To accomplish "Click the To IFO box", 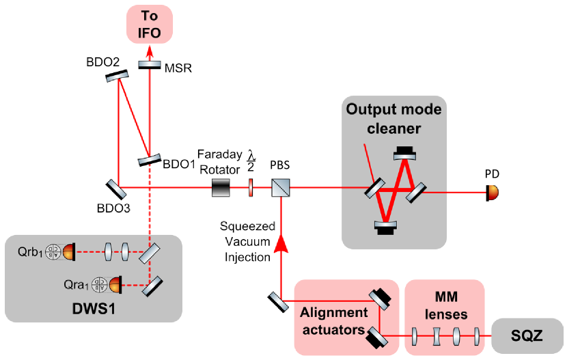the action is pyautogui.click(x=150, y=24).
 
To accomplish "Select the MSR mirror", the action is pyautogui.click(x=150, y=65).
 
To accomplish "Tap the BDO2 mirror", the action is pyautogui.click(x=117, y=76).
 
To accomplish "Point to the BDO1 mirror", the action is pyautogui.click(x=150, y=160).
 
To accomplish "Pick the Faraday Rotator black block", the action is pyautogui.click(x=221, y=188).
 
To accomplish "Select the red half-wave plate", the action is pyautogui.click(x=251, y=188).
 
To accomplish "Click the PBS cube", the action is pyautogui.click(x=281, y=188).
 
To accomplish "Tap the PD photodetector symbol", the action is pyautogui.click(x=492, y=193).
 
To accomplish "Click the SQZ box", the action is pyautogui.click(x=527, y=336).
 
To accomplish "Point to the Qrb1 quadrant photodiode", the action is pyautogui.click(x=60, y=252).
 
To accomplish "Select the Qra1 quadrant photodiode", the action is pyautogui.click(x=107, y=285).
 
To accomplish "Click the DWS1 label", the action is pyautogui.click(x=94, y=309).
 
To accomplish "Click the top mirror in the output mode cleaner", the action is pyautogui.click(x=404, y=153).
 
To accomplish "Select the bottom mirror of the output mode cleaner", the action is pyautogui.click(x=386, y=228).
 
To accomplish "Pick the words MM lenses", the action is pyautogui.click(x=446, y=306).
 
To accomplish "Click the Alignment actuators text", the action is pyautogui.click(x=334, y=321).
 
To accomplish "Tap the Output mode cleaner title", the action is pyautogui.click(x=393, y=119).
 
